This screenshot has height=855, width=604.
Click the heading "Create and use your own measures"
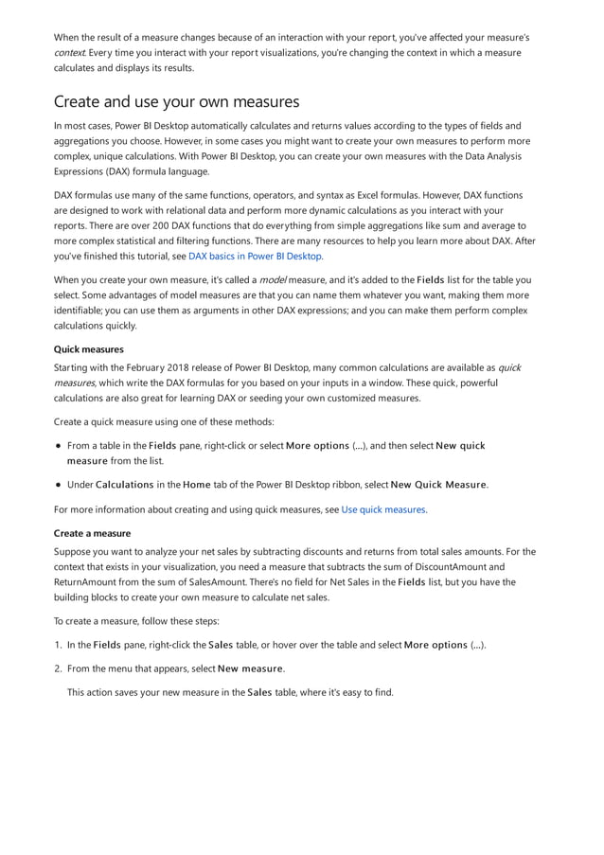click(176, 101)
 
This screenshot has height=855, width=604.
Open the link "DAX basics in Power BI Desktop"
click(256, 256)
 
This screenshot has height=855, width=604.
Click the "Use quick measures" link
click(383, 509)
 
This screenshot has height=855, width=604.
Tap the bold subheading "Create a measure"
click(93, 533)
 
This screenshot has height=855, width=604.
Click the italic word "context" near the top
click(69, 53)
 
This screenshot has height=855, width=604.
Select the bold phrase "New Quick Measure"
click(438, 485)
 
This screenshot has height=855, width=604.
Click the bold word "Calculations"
click(124, 485)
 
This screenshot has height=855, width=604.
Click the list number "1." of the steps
click(59, 645)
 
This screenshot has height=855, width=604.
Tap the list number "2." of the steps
click(59, 668)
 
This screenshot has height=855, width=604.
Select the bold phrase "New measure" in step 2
click(250, 668)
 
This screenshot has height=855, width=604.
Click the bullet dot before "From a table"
click(59, 445)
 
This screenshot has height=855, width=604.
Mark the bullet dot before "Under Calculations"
click(59, 485)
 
